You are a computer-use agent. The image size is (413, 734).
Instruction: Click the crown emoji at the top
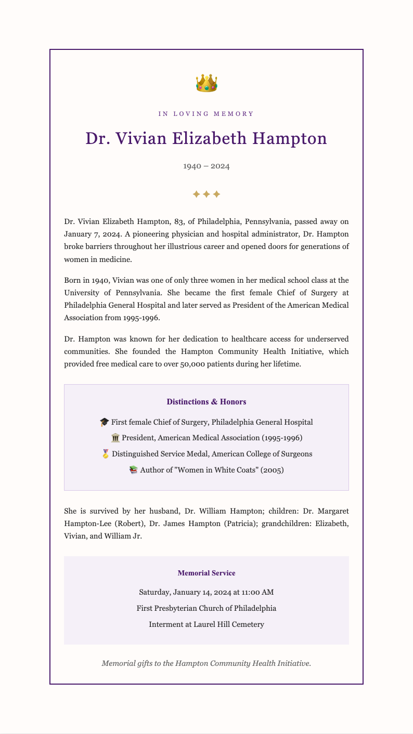click(x=206, y=83)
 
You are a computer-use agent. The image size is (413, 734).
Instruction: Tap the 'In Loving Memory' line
click(x=206, y=114)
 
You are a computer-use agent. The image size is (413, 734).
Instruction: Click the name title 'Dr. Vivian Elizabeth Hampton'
click(x=206, y=139)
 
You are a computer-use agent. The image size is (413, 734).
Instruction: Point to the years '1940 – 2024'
click(x=206, y=166)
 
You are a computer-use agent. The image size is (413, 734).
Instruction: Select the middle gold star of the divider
click(x=206, y=194)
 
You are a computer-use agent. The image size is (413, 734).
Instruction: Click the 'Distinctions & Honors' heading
click(x=206, y=402)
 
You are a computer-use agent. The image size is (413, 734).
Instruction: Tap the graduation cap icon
click(x=104, y=422)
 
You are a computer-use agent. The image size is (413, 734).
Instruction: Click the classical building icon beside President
click(x=115, y=438)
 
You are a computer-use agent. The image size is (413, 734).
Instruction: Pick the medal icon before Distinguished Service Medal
click(x=105, y=454)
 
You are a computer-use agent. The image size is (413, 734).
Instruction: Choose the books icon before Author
click(x=133, y=470)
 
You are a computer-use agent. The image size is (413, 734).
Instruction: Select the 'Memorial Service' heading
click(x=206, y=573)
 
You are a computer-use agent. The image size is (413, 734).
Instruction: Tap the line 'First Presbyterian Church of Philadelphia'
click(x=206, y=608)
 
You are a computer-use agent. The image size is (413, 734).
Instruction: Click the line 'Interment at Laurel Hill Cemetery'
click(x=206, y=624)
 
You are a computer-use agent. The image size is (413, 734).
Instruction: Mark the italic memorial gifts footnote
click(x=206, y=663)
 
